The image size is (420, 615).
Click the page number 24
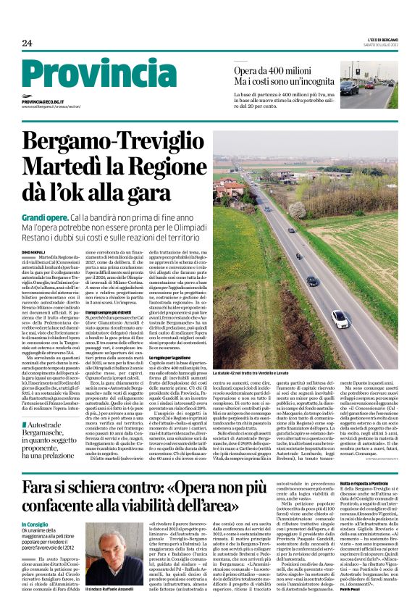27,43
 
